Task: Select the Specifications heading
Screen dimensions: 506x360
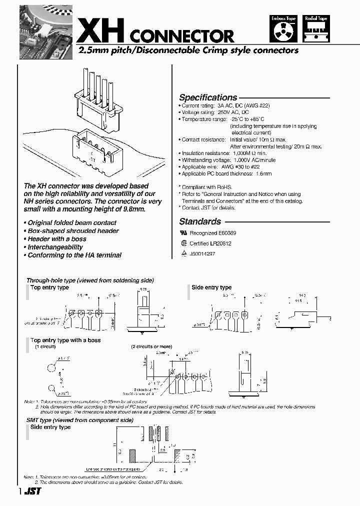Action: click(208, 97)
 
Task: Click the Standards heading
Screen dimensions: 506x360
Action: click(200, 221)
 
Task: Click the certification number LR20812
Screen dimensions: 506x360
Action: click(220, 243)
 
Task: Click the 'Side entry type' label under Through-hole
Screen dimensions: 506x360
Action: click(211, 287)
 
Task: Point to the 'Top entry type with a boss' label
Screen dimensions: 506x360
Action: click(65, 340)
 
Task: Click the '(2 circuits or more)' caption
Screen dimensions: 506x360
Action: click(151, 346)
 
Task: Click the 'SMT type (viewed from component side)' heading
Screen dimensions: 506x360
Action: click(79, 420)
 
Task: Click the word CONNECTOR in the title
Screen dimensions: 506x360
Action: click(182, 36)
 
